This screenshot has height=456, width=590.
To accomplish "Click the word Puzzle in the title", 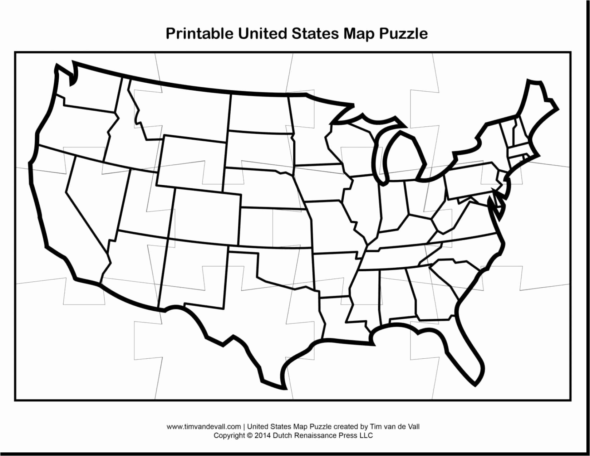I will [x=403, y=34].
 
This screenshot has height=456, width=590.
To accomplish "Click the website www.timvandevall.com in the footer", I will [x=203, y=426].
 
